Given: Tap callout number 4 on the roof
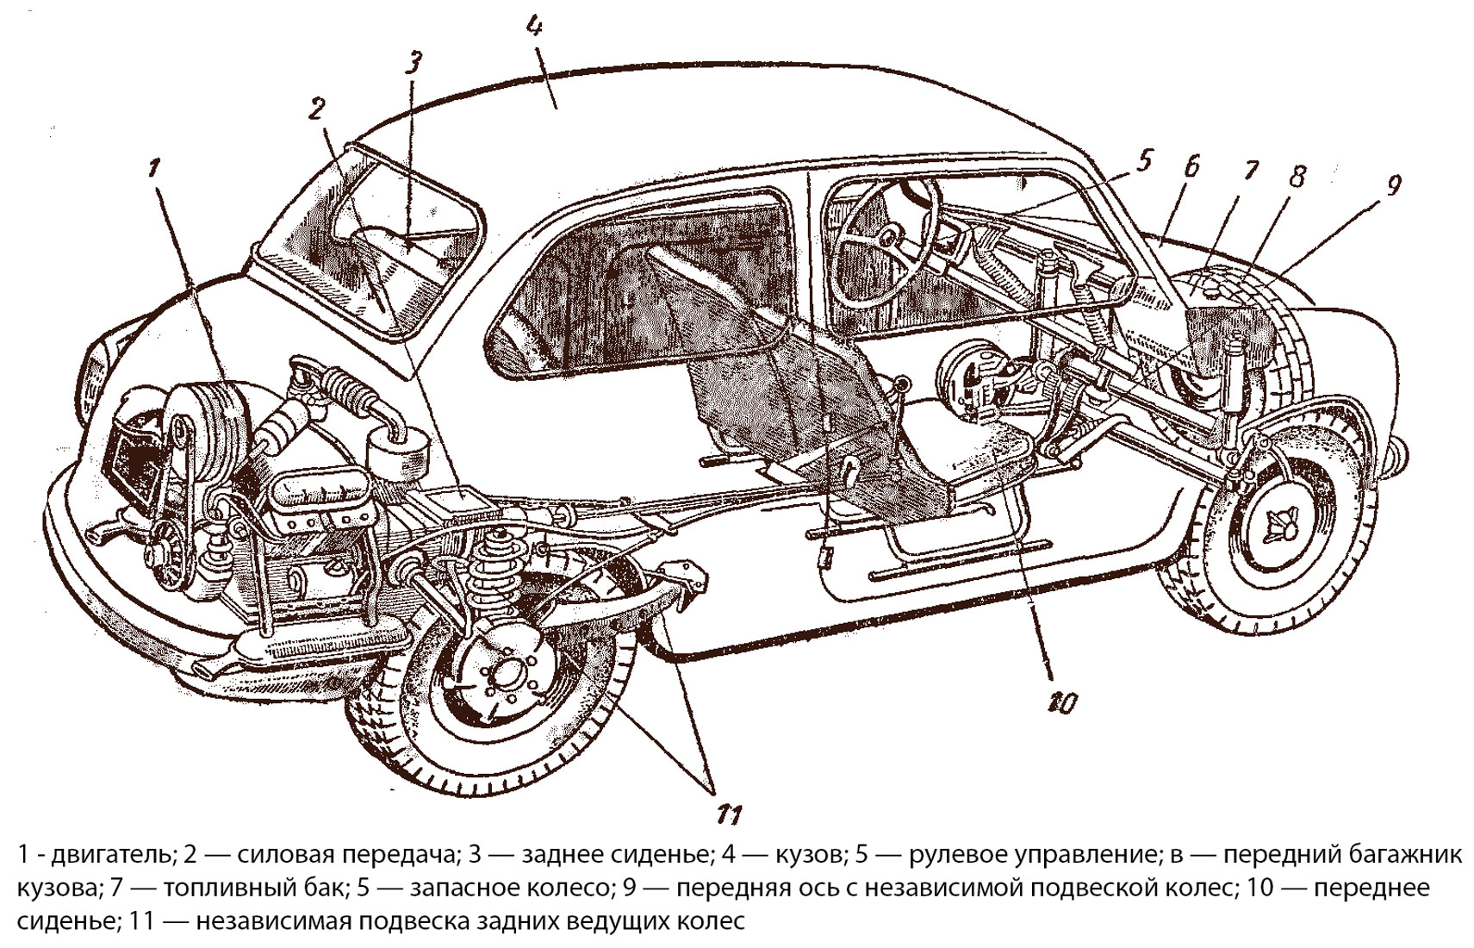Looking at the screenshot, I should coord(534,28).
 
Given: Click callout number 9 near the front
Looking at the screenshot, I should coord(1394,184).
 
